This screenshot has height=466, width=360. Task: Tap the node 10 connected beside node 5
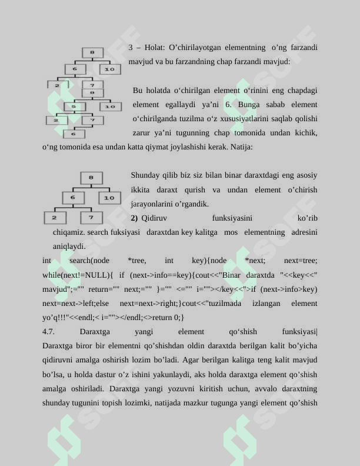109,106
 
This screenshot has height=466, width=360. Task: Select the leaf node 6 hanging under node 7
74,134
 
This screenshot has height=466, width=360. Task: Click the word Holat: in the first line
155,47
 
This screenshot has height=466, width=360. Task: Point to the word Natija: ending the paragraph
242,147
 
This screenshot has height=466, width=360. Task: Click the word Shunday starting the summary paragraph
145,175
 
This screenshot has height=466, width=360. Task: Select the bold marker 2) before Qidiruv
134,218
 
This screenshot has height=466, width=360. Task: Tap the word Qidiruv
154,218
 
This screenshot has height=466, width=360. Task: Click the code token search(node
89,261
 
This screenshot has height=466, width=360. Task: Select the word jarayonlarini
154,204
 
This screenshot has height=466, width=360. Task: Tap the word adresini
304,232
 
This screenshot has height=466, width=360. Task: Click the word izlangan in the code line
266,304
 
